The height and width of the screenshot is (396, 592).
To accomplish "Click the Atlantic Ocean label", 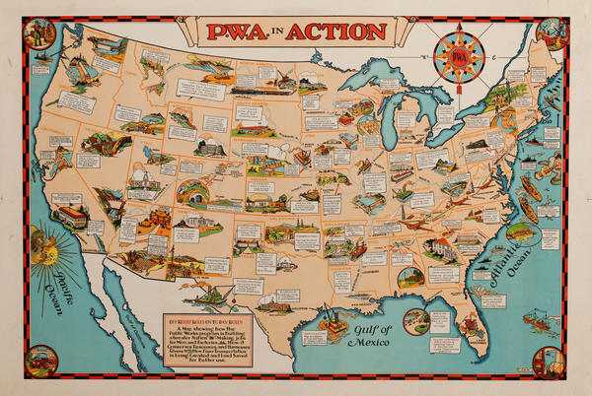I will tap(513, 258).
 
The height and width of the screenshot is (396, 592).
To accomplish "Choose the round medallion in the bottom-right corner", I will tap(550, 362).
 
